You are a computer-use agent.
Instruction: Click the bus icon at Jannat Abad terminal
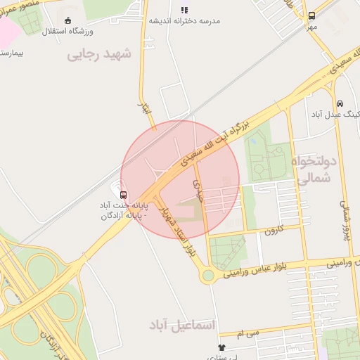pos(124,195)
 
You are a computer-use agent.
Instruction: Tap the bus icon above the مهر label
pos(311,15)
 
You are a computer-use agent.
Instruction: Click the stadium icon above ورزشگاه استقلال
pos(67,20)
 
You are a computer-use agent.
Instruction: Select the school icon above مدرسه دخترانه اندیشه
pos(184,10)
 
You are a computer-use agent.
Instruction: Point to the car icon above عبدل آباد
pos(340,103)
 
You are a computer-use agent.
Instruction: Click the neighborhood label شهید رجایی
pos(99,54)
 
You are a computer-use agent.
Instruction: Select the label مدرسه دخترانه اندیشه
pos(184,21)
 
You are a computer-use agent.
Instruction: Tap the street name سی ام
pos(248,332)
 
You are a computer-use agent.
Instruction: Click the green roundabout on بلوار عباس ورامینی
pos(207,276)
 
